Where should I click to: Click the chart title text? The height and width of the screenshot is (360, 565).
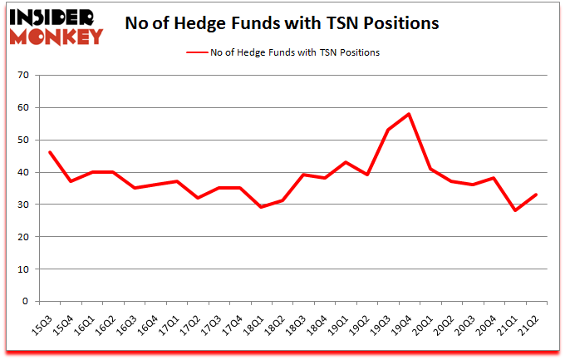click(x=282, y=24)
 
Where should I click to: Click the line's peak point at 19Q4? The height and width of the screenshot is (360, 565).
click(x=409, y=114)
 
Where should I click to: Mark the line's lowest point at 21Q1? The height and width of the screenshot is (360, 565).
click(x=515, y=211)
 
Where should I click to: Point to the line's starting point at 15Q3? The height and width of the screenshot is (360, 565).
click(x=50, y=152)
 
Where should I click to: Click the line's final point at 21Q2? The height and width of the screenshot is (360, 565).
click(x=537, y=195)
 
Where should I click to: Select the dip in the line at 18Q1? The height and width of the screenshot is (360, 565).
click(x=261, y=207)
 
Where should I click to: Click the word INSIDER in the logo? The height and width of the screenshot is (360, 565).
click(x=52, y=17)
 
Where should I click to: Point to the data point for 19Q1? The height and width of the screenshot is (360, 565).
click(x=346, y=162)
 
